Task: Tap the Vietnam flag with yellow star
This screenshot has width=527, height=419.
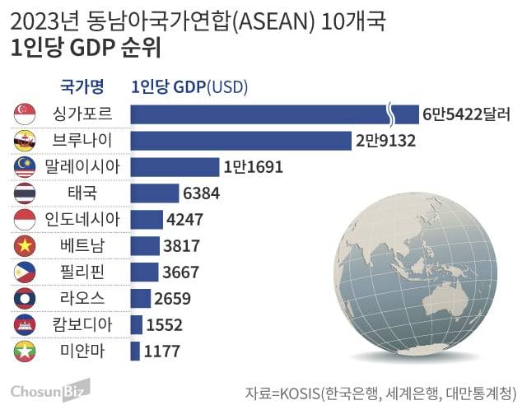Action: click(25, 246)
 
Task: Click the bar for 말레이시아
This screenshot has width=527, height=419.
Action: click(175, 167)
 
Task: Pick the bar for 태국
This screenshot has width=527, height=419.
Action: click(155, 193)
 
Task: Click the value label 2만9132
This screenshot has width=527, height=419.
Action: click(385, 141)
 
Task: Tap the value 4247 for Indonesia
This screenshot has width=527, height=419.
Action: click(185, 220)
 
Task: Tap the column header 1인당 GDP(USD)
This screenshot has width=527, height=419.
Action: click(189, 86)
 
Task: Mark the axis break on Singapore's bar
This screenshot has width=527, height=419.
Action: click(392, 114)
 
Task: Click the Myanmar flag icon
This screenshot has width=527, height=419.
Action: click(25, 352)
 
